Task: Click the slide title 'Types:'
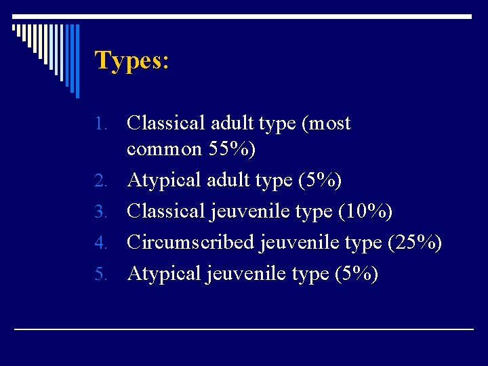131,61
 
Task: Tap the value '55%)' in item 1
232,149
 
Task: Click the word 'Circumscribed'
190,242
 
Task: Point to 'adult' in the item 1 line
230,123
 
